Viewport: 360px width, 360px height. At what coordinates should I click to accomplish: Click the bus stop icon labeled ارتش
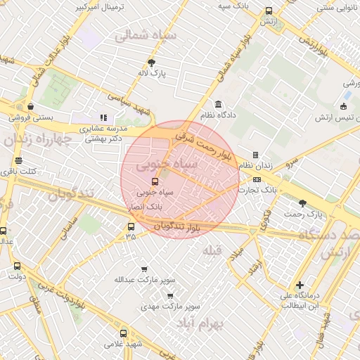click(x=269, y=11)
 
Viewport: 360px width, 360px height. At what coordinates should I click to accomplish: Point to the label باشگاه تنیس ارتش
click(x=336, y=117)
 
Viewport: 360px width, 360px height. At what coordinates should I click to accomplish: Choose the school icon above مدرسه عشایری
click(x=103, y=117)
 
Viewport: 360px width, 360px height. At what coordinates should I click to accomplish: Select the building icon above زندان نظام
click(x=255, y=155)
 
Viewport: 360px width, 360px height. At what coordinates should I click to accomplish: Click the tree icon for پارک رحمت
click(x=302, y=202)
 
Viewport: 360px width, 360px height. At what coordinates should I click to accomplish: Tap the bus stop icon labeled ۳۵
click(x=131, y=226)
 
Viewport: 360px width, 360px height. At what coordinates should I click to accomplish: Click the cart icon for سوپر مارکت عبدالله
click(x=144, y=269)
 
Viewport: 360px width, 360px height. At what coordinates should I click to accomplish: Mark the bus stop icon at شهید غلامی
click(x=124, y=333)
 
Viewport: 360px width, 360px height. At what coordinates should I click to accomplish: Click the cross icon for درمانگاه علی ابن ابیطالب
click(x=300, y=285)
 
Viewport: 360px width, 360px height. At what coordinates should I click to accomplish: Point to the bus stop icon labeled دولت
click(x=18, y=266)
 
